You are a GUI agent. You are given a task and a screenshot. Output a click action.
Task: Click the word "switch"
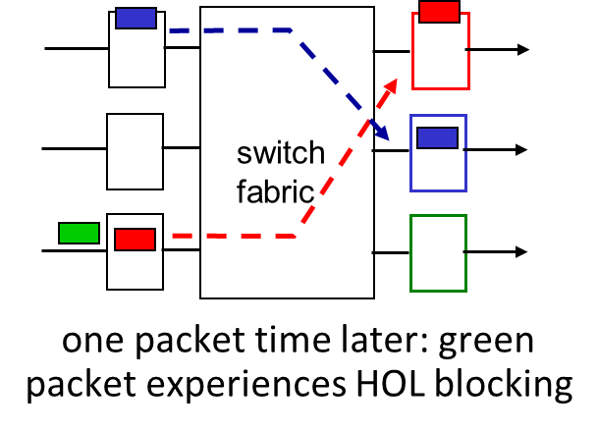tap(281, 153)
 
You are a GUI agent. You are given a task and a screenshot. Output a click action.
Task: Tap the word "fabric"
tap(275, 191)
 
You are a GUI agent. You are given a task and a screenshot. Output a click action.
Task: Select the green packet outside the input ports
tap(79, 233)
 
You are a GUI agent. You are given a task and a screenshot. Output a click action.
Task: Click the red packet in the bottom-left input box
tap(135, 239)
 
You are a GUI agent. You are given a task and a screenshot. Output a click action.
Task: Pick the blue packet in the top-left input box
tap(136, 18)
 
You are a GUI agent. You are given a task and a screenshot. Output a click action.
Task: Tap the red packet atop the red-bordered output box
tap(439, 12)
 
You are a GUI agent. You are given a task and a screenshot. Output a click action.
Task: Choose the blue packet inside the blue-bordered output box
tap(437, 137)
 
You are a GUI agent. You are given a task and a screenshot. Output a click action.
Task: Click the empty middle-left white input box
tap(135, 151)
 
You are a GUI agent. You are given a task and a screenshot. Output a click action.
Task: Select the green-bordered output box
tap(438, 252)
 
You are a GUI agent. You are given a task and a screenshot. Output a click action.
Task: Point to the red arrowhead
tap(391, 85)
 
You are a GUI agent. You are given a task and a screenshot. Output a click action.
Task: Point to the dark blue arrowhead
tap(383, 133)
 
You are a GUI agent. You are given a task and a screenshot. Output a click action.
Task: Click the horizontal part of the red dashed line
tap(236, 236)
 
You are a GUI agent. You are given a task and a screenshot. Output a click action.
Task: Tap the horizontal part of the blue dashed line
tap(236, 30)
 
